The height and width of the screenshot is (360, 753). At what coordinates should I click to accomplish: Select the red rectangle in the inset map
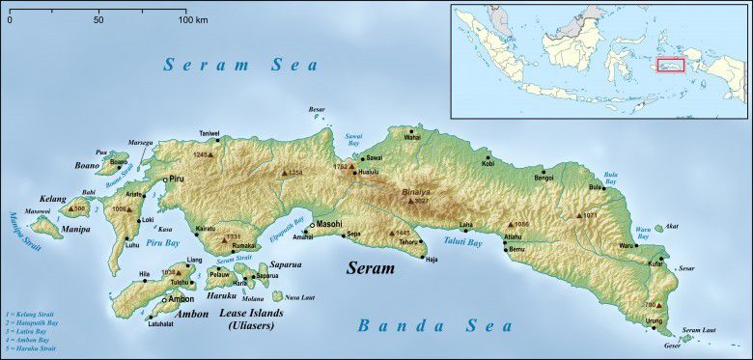[x=670, y=65]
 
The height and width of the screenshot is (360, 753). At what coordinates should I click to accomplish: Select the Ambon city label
[x=181, y=299]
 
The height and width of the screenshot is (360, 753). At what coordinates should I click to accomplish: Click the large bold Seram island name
[x=371, y=267]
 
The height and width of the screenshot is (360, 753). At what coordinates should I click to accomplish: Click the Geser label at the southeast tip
[x=645, y=346]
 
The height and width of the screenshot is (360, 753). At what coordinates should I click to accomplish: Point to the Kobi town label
[x=488, y=164]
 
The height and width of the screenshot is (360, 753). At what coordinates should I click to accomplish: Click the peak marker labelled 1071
[x=578, y=215]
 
